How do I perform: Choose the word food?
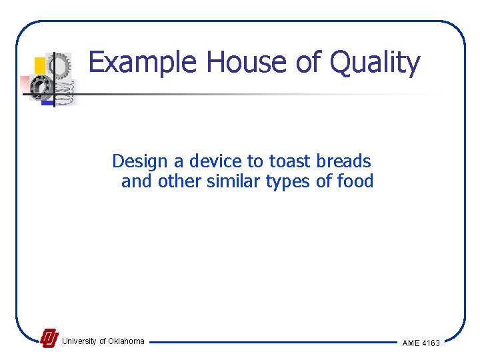355,181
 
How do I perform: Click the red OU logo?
49,339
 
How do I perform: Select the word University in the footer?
79,341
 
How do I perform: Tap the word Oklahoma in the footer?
126,341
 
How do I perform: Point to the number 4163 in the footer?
431,343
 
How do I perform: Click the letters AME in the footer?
410,343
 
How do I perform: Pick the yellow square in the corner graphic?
40,65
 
